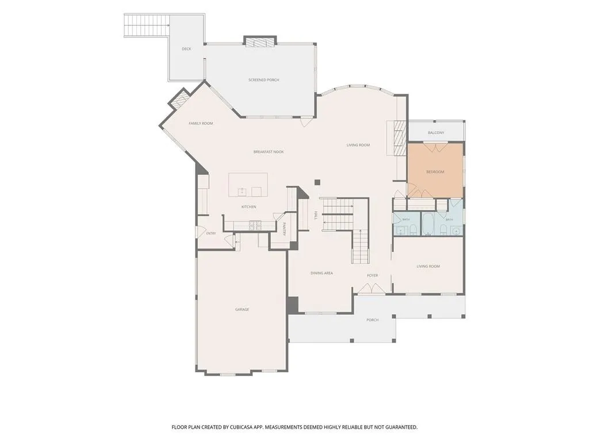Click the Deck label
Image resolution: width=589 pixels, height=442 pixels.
click(186, 49)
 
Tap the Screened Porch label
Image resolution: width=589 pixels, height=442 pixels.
click(263, 80)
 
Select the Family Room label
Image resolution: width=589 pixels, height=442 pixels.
click(201, 123)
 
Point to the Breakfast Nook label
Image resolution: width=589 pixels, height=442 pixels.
click(269, 152)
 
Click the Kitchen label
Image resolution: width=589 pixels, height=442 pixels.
click(248, 207)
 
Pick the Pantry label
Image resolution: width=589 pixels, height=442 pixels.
click(284, 229)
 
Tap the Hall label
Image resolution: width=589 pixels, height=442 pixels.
click(316, 215)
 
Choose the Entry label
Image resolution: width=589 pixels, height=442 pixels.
click(211, 234)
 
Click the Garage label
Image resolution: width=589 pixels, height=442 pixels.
click(242, 309)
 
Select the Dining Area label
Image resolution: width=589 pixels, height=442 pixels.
click(322, 273)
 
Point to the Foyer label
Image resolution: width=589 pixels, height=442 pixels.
click(373, 276)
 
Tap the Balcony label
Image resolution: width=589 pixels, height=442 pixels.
click(436, 133)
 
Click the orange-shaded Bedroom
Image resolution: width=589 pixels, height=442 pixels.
click(435, 170)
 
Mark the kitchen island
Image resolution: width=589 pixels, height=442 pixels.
click(248, 185)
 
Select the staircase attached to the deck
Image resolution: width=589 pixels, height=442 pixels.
click(147, 25)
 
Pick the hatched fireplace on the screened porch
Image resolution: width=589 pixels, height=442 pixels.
click(260, 41)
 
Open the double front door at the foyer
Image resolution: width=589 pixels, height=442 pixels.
click(371, 288)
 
